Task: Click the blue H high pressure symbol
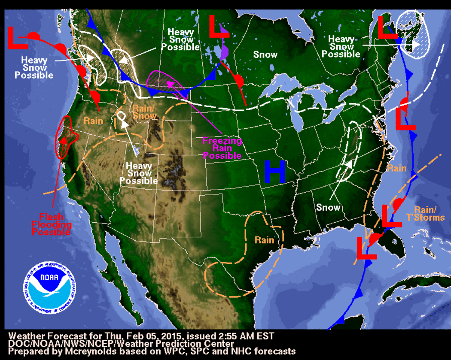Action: (275, 172)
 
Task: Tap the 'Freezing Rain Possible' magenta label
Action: (222, 148)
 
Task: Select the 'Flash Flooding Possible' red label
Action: (51, 224)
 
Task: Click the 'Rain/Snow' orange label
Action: (144, 112)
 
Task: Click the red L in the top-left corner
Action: (17, 37)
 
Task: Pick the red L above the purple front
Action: (219, 26)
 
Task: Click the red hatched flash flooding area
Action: (67, 137)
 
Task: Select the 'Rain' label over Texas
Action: (264, 239)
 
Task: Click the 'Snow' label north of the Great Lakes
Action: (265, 54)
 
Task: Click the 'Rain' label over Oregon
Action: (93, 121)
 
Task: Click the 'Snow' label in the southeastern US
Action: (328, 208)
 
